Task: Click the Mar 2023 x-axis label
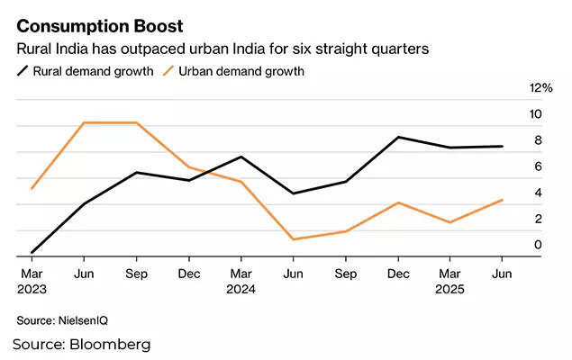point(32,281)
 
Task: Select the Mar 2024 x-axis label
point(241,281)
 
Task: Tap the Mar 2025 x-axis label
point(450,281)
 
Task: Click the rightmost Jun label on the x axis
point(503,273)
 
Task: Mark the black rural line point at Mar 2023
point(32,252)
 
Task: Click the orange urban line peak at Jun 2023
point(84,122)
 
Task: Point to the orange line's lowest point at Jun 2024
point(293,239)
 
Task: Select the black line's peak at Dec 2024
point(398,137)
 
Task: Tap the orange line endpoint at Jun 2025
point(503,200)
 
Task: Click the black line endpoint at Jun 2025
point(503,147)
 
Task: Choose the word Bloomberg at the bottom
point(110,345)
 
